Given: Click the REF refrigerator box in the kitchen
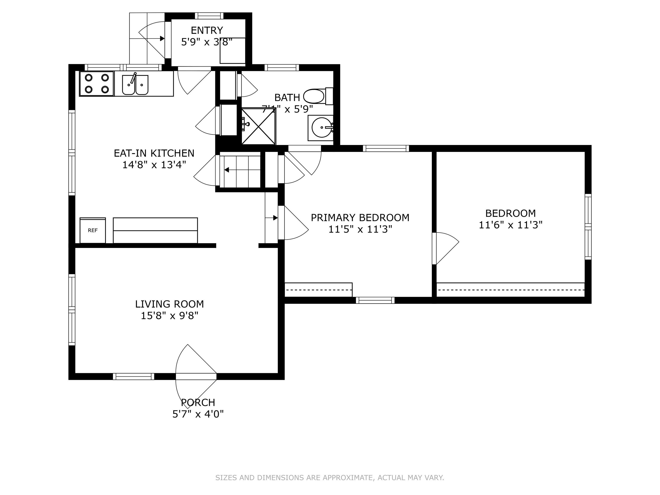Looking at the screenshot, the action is (93, 230).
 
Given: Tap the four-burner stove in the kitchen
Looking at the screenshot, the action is (96, 84).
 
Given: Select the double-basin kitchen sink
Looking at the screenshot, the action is (135, 84).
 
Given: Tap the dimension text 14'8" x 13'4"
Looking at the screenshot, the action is (154, 165).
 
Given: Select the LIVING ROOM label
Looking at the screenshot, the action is (170, 304).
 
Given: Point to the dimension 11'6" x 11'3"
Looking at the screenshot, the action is (510, 225).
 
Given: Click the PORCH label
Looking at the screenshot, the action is (198, 402).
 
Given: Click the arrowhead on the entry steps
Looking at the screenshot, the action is (162, 38).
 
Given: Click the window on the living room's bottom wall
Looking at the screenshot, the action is (134, 377).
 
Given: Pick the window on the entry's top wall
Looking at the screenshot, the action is (209, 16).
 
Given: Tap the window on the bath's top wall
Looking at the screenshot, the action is (282, 68).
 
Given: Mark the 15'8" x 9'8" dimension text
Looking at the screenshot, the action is (170, 316).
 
